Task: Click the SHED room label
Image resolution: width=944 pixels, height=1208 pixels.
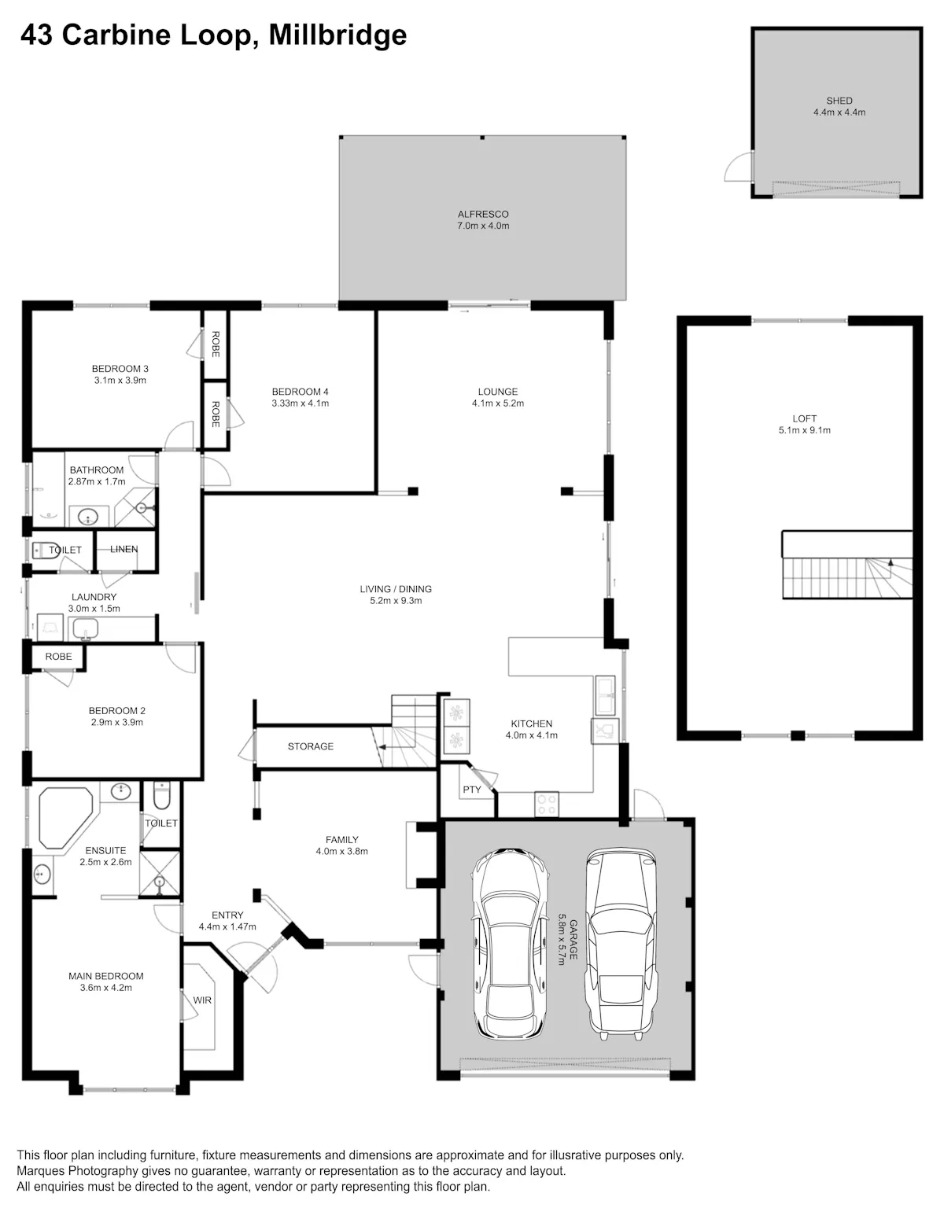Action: point(839,101)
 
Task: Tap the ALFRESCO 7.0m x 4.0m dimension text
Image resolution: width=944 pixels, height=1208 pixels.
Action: point(482,226)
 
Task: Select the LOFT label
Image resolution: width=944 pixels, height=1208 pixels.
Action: point(805,418)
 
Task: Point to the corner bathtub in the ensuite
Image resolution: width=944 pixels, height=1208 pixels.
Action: point(65,817)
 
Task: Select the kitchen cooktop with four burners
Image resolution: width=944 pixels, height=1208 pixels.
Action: point(547,805)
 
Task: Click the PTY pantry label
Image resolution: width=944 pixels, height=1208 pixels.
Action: point(472,790)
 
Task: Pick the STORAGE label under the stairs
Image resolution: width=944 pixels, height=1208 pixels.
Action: point(310,746)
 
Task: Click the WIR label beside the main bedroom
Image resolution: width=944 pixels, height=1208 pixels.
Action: point(202,1000)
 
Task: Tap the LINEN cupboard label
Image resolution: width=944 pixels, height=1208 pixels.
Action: point(124,549)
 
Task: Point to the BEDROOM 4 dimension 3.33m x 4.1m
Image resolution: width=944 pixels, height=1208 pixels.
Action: point(301,403)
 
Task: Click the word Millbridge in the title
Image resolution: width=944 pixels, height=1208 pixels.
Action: point(338,35)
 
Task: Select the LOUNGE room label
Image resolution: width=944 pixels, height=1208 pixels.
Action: point(498,392)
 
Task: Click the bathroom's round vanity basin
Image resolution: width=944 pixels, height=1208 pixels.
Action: point(88,517)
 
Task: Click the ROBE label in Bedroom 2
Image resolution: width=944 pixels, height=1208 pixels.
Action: point(58,656)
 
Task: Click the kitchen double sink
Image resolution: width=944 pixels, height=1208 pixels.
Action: point(606,695)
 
